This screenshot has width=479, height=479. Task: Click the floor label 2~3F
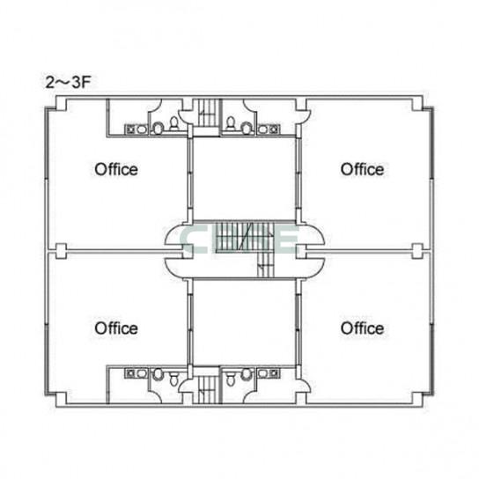tap(68, 82)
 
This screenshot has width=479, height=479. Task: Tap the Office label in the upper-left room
tap(116, 170)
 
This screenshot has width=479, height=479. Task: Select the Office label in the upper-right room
tap(362, 170)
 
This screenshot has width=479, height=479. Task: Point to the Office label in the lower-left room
tap(116, 328)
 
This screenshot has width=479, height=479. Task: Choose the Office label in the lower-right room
tap(362, 328)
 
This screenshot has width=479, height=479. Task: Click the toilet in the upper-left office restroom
tap(173, 123)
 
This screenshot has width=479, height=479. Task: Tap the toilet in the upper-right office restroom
tap(231, 123)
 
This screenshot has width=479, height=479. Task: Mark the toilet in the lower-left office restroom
tap(173, 379)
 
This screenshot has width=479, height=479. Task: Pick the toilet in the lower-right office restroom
tap(231, 379)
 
